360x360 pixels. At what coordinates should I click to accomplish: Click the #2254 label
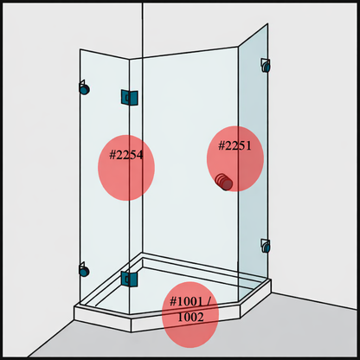tap(126, 155)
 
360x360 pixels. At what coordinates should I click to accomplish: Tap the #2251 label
tap(235, 145)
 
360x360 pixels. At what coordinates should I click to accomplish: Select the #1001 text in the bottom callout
tap(186, 302)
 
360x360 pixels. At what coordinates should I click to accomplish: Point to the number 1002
tap(190, 317)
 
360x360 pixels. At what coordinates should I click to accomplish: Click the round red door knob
tap(224, 182)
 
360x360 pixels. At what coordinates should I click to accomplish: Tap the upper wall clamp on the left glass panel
tap(84, 87)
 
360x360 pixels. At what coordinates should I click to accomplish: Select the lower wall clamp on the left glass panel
tap(84, 270)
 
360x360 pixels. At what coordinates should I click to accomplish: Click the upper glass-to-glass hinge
tap(130, 98)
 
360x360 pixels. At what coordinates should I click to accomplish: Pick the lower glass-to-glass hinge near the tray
tap(129, 279)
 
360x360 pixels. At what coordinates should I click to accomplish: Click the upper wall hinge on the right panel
tap(266, 65)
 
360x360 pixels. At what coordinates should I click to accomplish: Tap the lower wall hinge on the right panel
tap(266, 246)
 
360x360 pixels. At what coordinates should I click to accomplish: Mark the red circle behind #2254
tap(126, 168)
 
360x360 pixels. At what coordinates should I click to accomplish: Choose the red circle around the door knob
tap(235, 158)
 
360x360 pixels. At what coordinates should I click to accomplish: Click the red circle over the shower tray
tap(190, 315)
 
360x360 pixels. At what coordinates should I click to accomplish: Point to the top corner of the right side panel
tap(267, 23)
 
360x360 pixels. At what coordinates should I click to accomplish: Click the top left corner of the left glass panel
tap(80, 49)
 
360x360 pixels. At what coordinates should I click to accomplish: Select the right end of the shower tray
tap(271, 286)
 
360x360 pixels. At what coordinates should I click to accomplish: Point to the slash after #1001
tap(209, 302)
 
